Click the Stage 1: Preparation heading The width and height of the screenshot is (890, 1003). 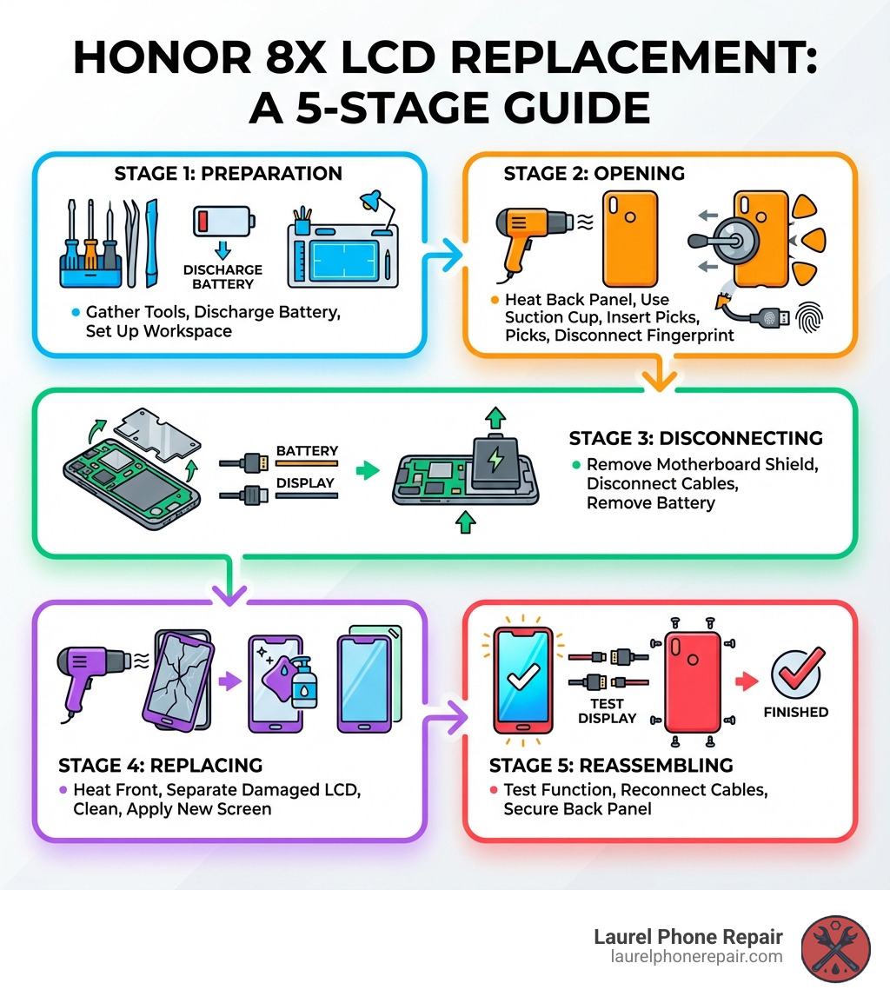228,174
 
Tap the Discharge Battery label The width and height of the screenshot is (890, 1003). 222,276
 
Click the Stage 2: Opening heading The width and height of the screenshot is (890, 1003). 594,174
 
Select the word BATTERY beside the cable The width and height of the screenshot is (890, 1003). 306,452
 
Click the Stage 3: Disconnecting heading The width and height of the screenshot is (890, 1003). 695,438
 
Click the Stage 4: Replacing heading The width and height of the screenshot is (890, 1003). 160,766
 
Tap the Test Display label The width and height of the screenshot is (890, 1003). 607,711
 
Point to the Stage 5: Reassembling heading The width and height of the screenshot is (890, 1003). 611,766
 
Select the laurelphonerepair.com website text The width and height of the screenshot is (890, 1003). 696,957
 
